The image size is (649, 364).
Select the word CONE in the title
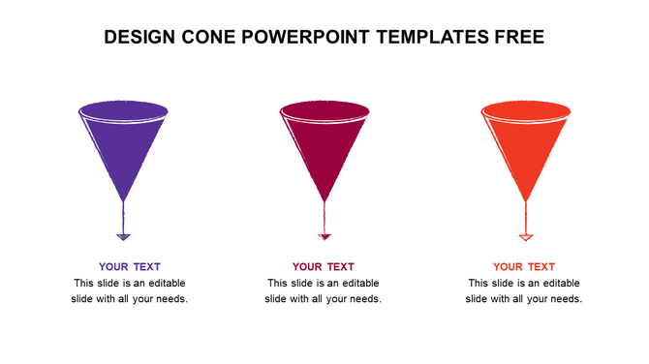coord(214,38)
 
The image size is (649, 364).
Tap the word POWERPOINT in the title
coord(313,38)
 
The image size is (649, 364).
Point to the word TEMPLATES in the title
coord(441,38)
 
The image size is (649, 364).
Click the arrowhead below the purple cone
coord(123,236)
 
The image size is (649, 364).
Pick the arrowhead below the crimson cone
coord(324,236)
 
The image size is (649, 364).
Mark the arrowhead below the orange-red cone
coord(526,236)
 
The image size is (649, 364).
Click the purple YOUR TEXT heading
coord(130,267)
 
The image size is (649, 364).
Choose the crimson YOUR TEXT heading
coord(324,267)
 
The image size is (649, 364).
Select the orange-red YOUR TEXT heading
coord(524,267)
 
